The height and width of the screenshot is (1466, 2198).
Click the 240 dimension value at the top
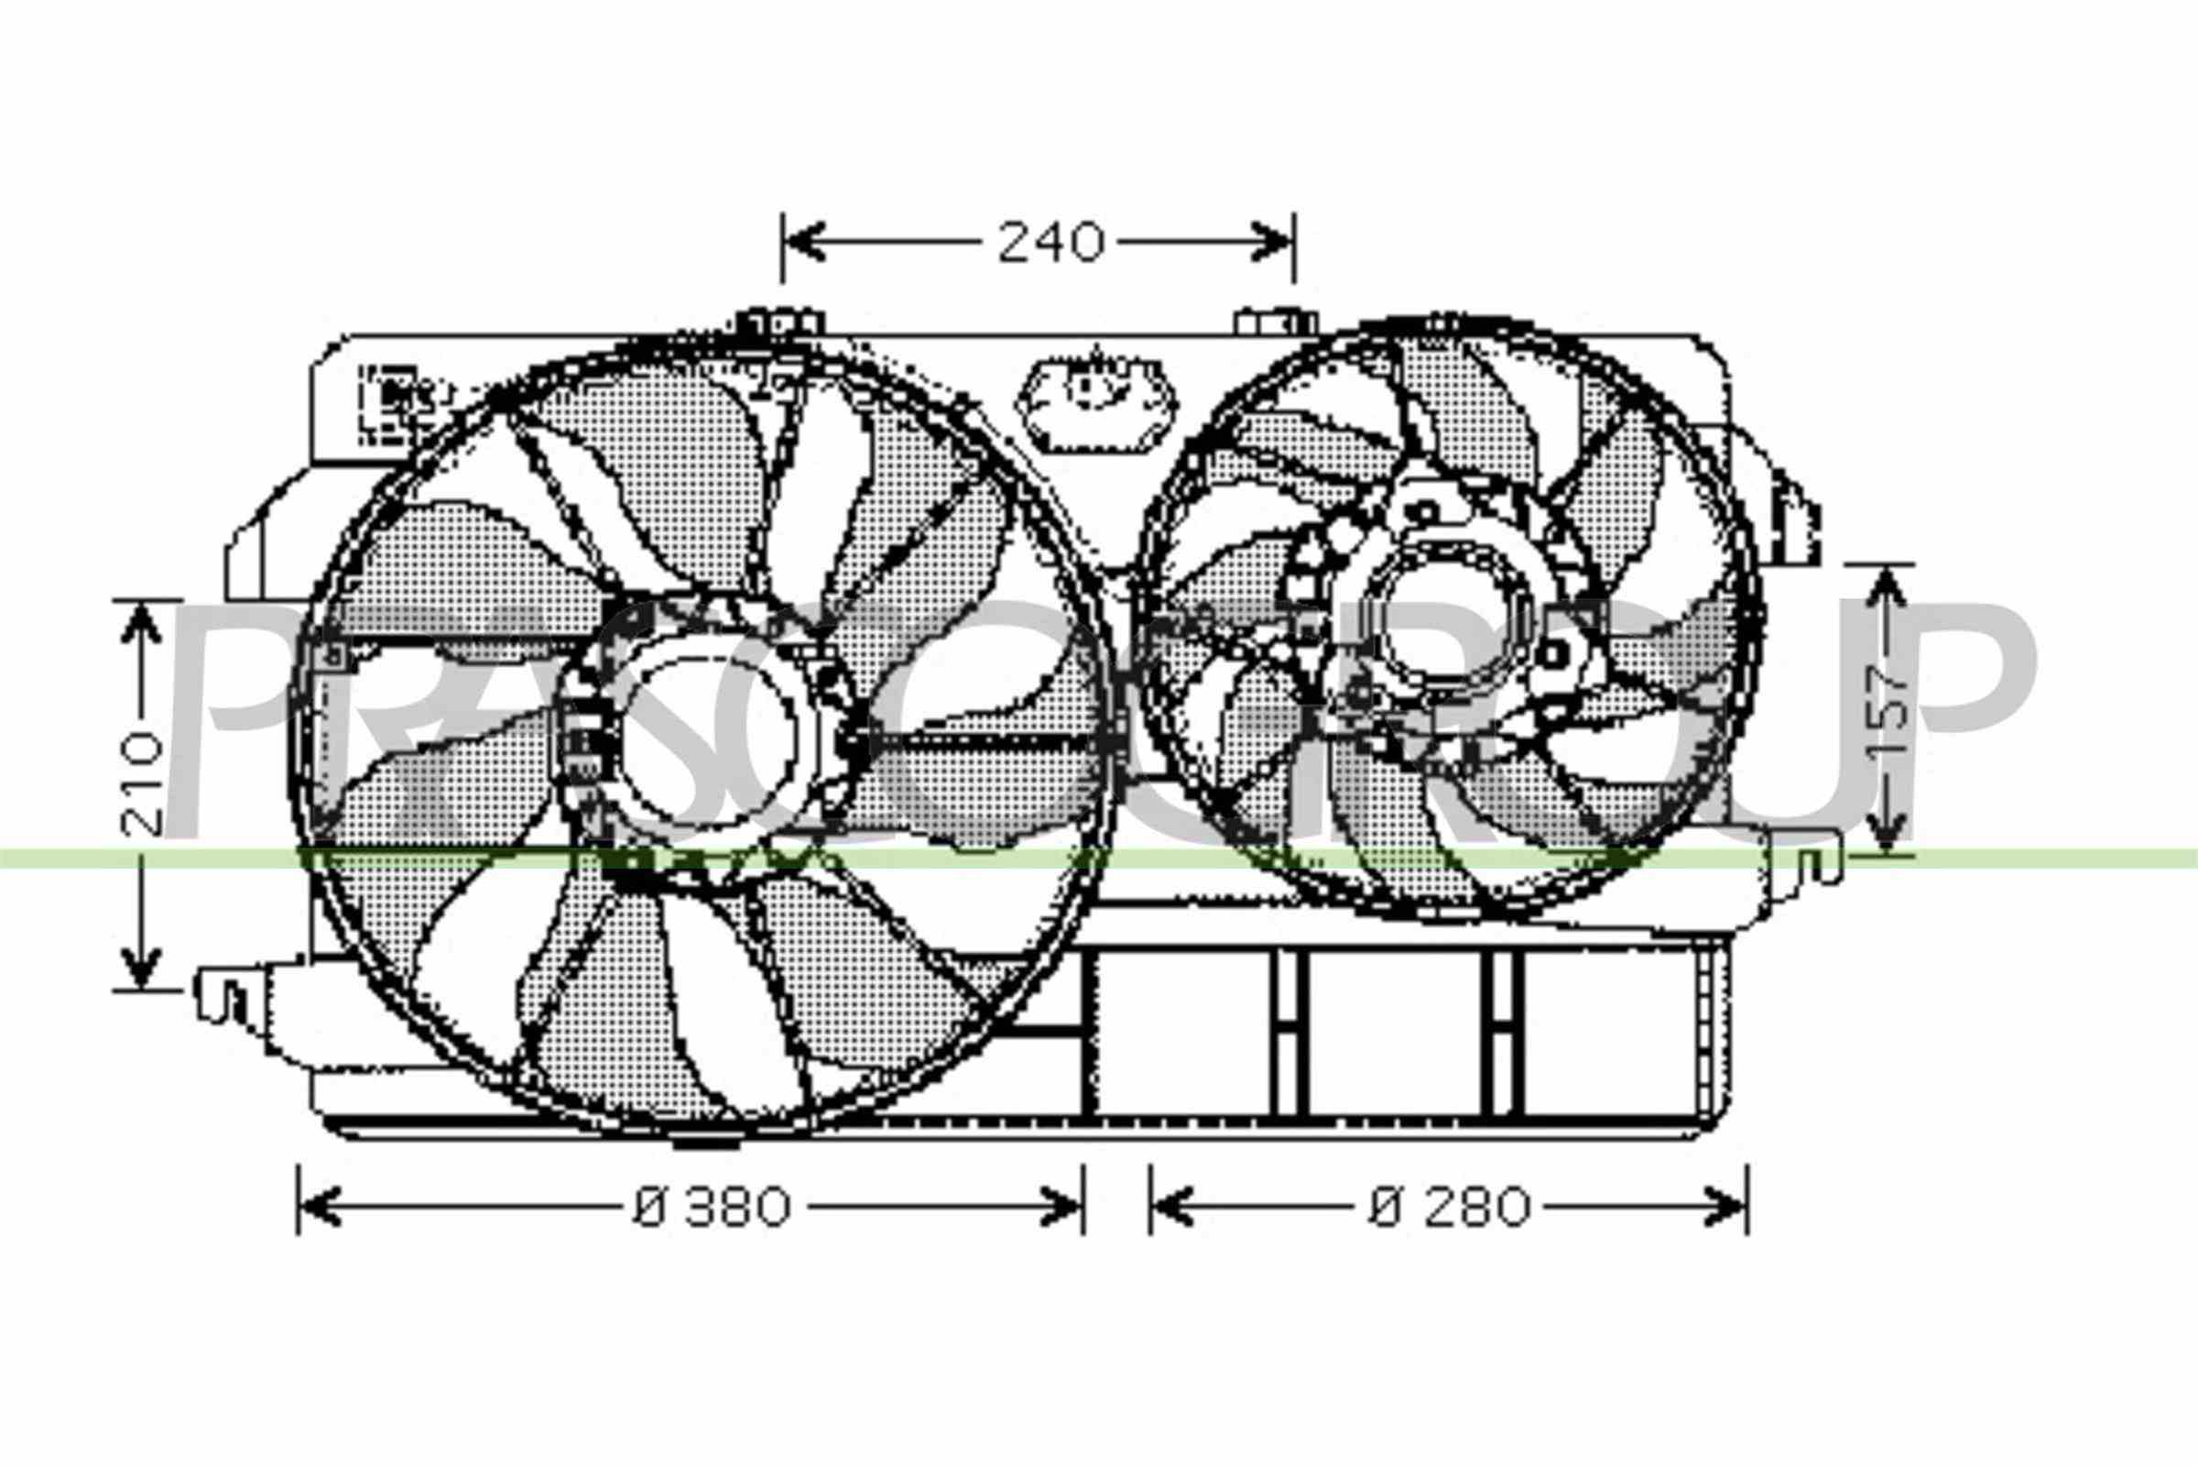[1051, 243]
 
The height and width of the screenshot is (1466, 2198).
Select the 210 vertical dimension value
[142, 783]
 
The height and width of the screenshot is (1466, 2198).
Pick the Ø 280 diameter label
[1450, 1207]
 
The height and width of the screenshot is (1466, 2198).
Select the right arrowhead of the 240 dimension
[1271, 242]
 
